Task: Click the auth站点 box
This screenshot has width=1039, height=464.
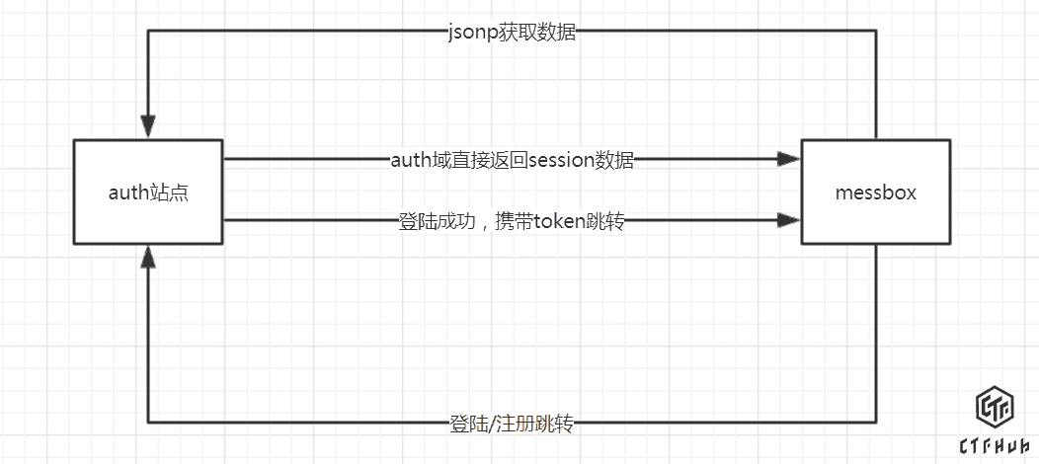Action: [x=148, y=193]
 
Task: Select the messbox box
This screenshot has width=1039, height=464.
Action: [x=875, y=193]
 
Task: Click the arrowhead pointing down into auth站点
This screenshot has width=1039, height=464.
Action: [x=148, y=127]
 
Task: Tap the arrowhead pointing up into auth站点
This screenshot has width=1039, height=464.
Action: [x=148, y=258]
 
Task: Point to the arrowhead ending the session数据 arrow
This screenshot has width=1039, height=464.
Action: [x=788, y=158]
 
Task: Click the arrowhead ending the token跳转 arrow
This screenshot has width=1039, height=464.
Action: [x=788, y=219]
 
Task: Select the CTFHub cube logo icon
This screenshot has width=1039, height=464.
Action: [x=996, y=410]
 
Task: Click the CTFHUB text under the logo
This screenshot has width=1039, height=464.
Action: [x=996, y=446]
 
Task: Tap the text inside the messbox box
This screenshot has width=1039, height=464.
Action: [x=875, y=193]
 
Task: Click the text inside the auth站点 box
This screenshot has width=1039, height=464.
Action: [x=148, y=193]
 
